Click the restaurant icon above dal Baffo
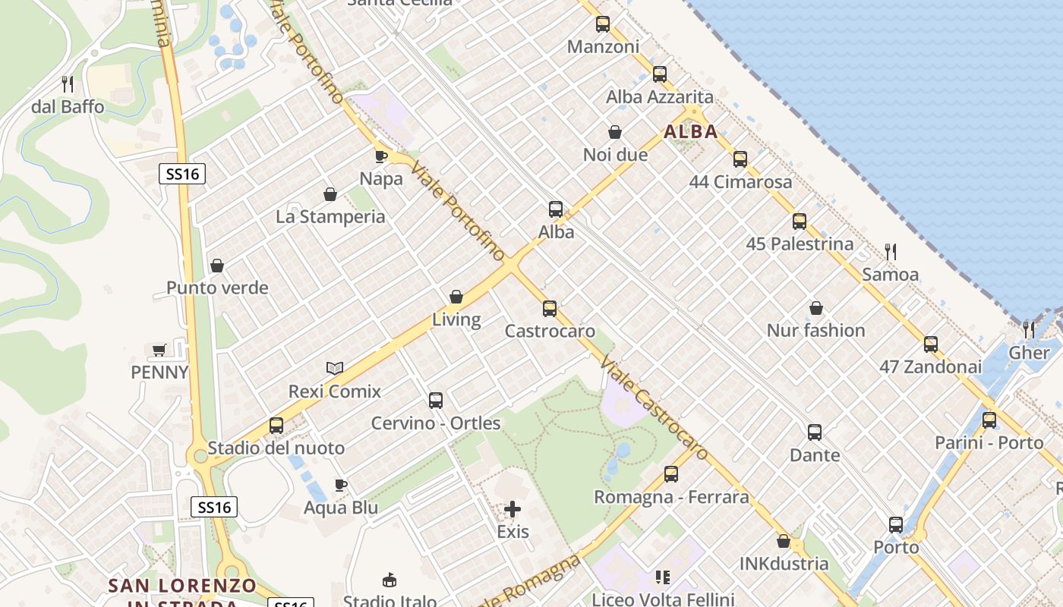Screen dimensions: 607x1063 [68, 83]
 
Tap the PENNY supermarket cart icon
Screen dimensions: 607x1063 [159, 350]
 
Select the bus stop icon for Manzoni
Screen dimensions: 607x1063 [603, 24]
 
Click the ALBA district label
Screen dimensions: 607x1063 [690, 132]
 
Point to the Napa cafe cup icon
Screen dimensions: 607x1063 [381, 156]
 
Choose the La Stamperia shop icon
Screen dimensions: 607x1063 [330, 195]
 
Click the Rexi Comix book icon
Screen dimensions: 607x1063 [335, 369]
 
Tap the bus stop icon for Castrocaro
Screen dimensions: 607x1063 [550, 309]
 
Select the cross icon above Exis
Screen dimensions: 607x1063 [513, 509]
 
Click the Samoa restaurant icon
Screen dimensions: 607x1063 [891, 251]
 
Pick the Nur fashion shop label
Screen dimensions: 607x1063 [815, 330]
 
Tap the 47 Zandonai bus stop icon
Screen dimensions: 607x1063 [931, 344]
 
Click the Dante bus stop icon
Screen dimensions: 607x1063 [815, 432]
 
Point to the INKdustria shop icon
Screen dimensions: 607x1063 [784, 541]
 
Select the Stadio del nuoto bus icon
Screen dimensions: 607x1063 [276, 426]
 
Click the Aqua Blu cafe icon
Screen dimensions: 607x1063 [341, 485]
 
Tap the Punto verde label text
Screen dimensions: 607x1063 [217, 288]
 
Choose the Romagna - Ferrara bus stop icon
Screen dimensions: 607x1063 [671, 474]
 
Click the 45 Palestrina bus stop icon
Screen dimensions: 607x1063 [800, 222]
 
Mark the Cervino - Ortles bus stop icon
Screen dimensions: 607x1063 [436, 401]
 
